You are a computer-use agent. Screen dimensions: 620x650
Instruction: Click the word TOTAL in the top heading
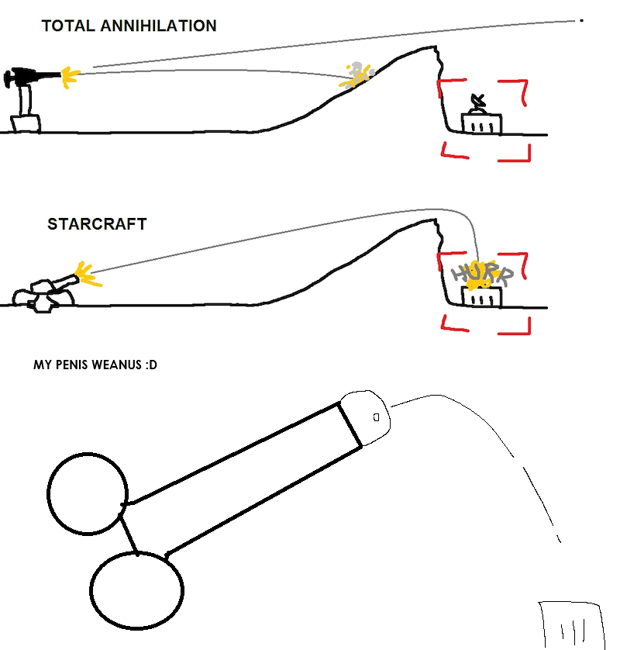[68, 26]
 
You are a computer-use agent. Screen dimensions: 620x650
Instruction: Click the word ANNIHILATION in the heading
[158, 26]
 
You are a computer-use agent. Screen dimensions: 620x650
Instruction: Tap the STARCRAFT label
[98, 224]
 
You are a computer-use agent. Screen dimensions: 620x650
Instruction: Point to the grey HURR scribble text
[483, 274]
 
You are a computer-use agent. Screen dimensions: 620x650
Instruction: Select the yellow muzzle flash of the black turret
[71, 77]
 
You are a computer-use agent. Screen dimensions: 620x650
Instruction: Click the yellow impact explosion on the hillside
[356, 77]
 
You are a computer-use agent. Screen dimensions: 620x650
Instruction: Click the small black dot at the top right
[582, 20]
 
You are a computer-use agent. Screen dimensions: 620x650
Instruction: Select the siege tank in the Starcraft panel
[46, 294]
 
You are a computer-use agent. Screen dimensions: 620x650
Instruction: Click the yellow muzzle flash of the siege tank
[88, 274]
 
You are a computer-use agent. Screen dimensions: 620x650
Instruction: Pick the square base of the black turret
[26, 123]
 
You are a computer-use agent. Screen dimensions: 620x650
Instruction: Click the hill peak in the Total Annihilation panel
[435, 47]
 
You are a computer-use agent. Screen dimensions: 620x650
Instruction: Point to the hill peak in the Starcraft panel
[435, 220]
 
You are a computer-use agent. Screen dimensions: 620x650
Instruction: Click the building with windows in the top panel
[482, 123]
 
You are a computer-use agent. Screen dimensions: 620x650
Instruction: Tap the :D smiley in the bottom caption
[151, 365]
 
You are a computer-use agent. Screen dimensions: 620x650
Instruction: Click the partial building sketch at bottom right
[571, 625]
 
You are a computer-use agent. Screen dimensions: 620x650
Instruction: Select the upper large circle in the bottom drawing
[88, 494]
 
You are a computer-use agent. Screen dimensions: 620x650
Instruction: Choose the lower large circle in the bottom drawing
[136, 590]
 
